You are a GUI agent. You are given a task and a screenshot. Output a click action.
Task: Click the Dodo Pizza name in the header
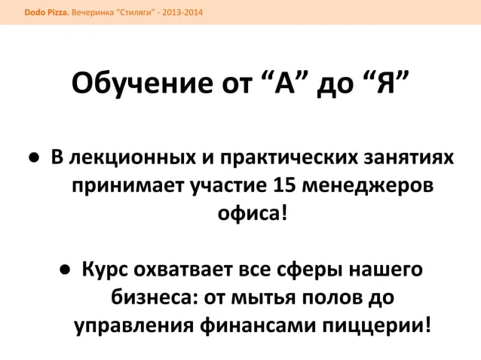47,13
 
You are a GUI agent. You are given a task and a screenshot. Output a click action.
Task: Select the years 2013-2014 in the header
182,13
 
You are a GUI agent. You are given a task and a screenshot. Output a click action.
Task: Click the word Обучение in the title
142,84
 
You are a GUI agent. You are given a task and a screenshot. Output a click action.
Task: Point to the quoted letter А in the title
284,82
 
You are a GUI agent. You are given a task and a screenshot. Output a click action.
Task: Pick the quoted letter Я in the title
386,82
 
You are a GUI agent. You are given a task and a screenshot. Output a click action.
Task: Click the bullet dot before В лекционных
34,157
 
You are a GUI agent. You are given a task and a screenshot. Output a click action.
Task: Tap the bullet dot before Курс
66,270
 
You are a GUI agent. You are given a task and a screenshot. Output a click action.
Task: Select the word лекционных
133,158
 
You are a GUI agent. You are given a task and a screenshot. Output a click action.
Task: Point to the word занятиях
409,157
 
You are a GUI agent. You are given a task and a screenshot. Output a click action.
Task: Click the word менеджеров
368,186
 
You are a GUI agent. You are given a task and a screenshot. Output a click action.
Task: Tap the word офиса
249,213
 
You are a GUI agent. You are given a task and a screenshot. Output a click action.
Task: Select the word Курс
105,270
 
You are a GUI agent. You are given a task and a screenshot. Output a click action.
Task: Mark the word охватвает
183,270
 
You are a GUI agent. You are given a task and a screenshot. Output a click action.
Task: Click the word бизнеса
152,297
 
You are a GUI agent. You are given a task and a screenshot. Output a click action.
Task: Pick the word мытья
263,297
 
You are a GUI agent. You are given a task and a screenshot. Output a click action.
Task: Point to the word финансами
258,325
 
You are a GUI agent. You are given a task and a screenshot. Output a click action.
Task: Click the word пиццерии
373,326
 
